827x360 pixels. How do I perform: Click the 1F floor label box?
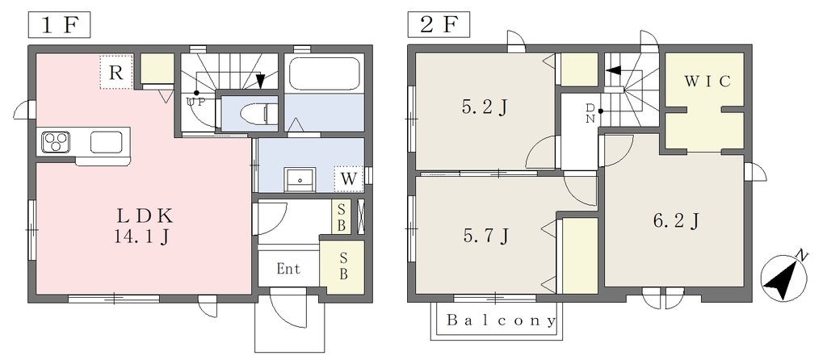pos(58,25)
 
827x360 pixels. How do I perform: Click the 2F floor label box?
pos(439,25)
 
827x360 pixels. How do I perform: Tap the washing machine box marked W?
pos(348,178)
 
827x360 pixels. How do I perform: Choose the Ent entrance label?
pos(288,269)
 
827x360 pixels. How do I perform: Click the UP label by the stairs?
pos(195,103)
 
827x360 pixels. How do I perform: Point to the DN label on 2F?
pos(590,113)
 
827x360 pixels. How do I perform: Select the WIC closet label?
pos(707,81)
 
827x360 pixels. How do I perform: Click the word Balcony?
pos(502,320)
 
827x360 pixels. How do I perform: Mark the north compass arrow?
pos(780,277)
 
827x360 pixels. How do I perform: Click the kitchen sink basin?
pos(107,143)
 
